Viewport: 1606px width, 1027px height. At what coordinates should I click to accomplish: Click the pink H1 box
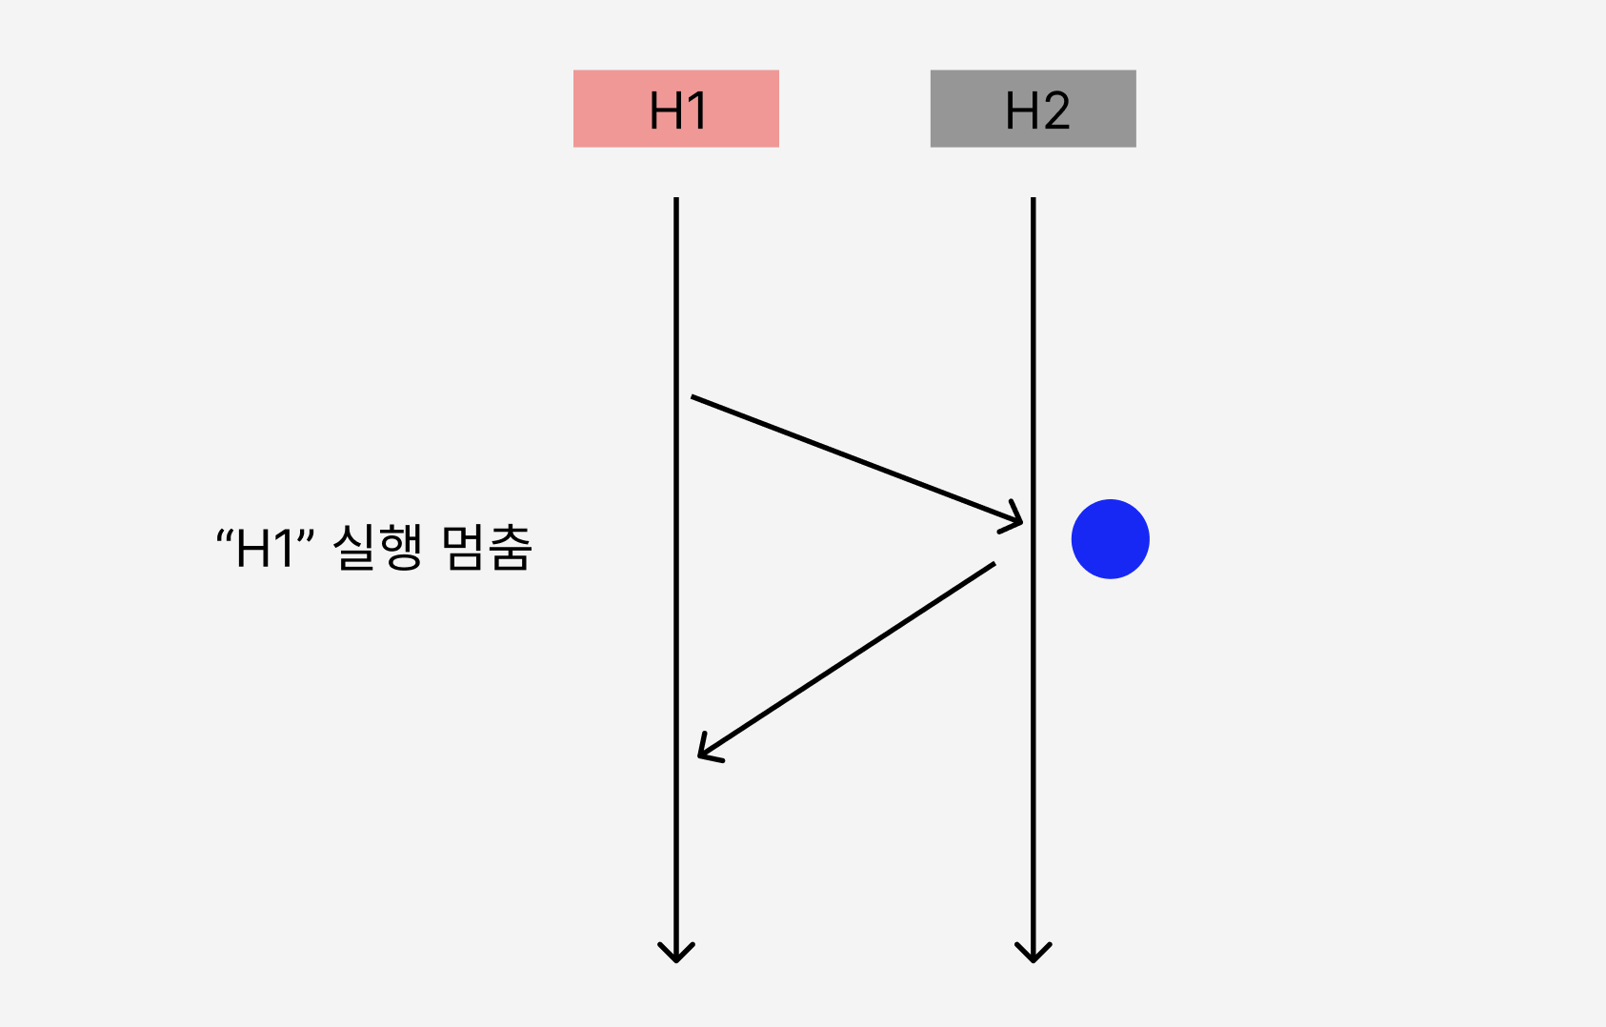click(x=675, y=109)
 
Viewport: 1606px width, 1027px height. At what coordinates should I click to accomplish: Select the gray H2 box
click(x=1033, y=109)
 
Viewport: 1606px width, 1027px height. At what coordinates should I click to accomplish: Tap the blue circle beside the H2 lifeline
click(x=1110, y=539)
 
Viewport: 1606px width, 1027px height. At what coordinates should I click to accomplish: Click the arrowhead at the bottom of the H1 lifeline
click(x=676, y=952)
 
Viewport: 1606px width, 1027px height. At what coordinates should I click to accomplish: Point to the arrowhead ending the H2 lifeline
click(x=1033, y=952)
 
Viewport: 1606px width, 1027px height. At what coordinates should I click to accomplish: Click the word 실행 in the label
click(x=377, y=548)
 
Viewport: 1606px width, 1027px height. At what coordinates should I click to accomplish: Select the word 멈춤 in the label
click(x=487, y=548)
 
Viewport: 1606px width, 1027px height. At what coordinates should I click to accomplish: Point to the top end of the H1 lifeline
click(x=676, y=200)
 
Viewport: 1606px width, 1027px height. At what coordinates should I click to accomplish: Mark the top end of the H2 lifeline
click(x=1033, y=200)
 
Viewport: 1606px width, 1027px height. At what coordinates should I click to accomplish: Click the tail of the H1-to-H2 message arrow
click(x=693, y=397)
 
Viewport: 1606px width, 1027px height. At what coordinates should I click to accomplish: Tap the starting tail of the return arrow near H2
click(x=993, y=564)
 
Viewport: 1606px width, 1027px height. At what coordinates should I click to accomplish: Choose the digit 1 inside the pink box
click(x=697, y=111)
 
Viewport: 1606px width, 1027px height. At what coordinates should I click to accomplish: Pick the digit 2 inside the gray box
click(x=1055, y=111)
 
